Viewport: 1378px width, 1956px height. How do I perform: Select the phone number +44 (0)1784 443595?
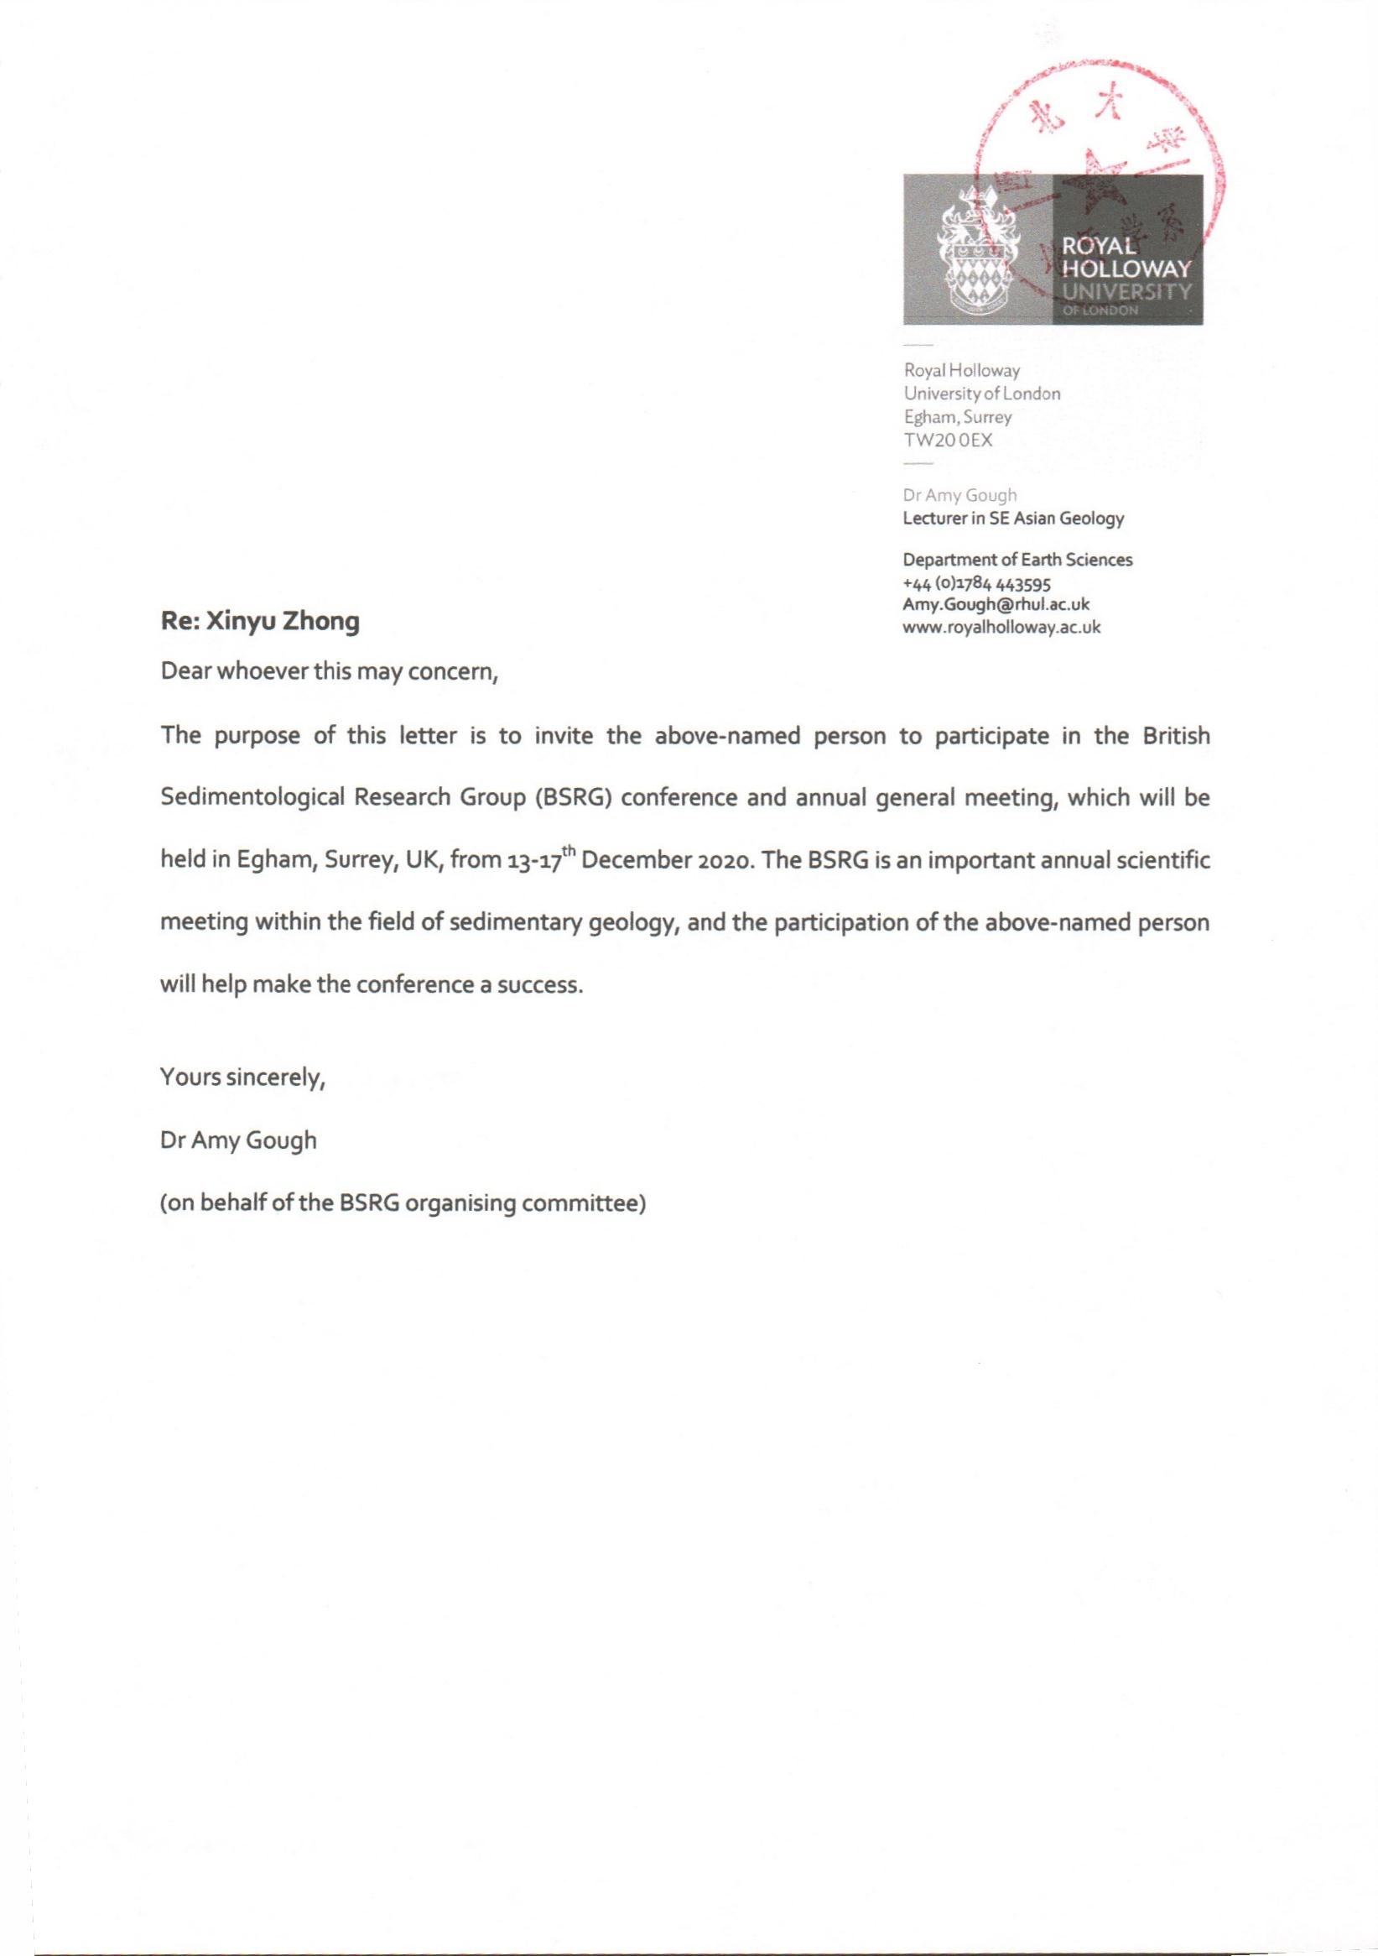tap(977, 583)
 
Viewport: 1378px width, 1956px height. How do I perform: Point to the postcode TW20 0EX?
tap(948, 441)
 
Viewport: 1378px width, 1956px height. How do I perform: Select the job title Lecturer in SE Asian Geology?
tap(1012, 518)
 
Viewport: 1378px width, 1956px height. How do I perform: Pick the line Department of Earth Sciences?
tap(1017, 560)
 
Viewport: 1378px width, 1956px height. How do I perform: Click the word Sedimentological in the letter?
tap(252, 798)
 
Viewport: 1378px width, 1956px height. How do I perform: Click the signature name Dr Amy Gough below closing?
tap(238, 1140)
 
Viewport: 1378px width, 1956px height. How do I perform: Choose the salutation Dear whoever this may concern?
tap(329, 673)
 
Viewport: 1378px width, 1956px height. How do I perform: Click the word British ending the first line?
tap(1175, 736)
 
